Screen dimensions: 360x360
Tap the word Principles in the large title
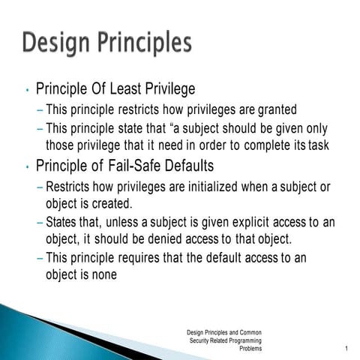(140, 43)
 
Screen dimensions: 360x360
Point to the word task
(318, 145)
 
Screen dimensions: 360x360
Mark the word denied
(178, 240)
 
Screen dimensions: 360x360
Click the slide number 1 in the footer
(346, 349)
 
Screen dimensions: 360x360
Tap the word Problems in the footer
(250, 349)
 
